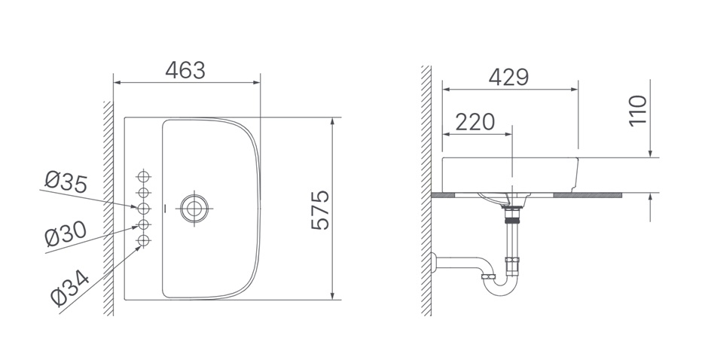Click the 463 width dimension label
pyautogui.click(x=185, y=70)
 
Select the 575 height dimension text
pyautogui.click(x=321, y=210)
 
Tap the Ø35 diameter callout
pyautogui.click(x=66, y=182)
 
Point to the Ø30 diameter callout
pyautogui.click(x=66, y=234)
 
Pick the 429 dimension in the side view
pyautogui.click(x=508, y=77)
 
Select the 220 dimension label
pyautogui.click(x=475, y=122)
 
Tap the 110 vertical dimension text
pyautogui.click(x=638, y=111)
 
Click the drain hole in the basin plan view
pyautogui.click(x=194, y=208)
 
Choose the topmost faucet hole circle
pyautogui.click(x=143, y=176)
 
